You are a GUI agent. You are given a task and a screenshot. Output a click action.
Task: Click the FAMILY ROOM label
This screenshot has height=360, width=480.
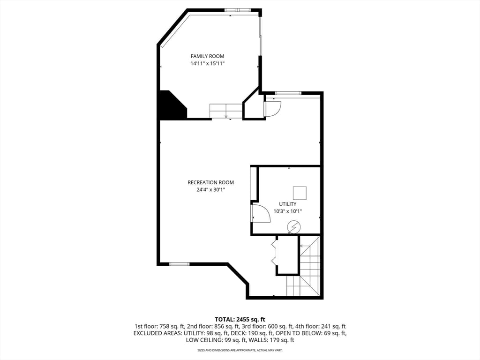(207, 56)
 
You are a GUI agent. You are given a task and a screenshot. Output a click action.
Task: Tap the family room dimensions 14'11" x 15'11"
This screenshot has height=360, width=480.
(207, 63)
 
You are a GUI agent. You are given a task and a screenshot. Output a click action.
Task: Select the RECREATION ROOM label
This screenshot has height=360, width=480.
(210, 182)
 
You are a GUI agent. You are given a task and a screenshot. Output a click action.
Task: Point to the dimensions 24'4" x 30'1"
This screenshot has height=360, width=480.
(210, 190)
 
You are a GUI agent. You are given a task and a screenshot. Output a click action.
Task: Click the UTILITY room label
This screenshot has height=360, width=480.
(287, 204)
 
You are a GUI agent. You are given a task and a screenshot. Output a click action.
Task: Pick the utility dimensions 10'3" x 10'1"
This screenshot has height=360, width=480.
(287, 211)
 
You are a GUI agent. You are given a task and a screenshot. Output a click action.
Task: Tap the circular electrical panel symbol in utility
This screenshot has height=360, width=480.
(294, 227)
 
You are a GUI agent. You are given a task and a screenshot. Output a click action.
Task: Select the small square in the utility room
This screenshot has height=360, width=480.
(300, 193)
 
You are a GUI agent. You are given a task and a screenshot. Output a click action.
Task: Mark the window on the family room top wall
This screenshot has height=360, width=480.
(237, 10)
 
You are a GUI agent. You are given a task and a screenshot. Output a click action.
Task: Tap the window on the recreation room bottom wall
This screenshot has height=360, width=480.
(179, 264)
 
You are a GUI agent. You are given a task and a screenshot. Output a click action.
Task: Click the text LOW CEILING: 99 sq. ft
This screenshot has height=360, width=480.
(213, 340)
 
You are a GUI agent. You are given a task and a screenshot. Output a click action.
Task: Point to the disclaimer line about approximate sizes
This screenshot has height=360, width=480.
(240, 350)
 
